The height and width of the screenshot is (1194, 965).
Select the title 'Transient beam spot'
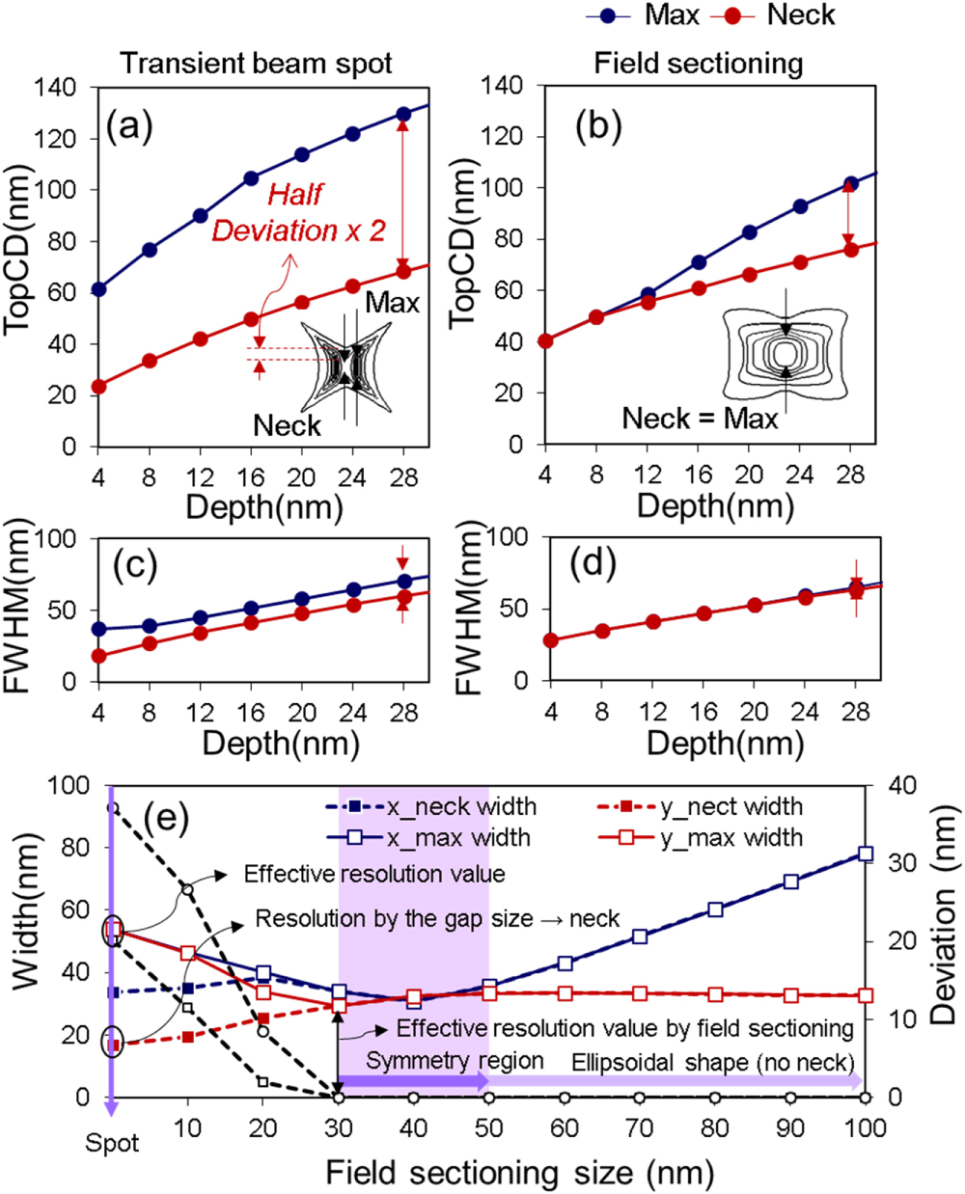click(x=256, y=64)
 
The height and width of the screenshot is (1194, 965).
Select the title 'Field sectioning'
click(x=698, y=64)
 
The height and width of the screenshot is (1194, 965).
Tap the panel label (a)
click(x=130, y=125)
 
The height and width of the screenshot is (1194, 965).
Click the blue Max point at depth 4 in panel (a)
click(x=98, y=289)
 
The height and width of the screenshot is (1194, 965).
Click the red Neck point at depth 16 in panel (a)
click(x=251, y=319)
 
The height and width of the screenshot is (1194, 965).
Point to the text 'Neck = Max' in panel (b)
click(x=700, y=419)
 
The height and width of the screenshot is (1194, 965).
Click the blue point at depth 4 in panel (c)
click(x=98, y=629)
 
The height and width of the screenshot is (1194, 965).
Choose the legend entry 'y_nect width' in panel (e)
click(x=731, y=806)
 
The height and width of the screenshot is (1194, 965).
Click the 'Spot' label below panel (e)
click(x=112, y=1144)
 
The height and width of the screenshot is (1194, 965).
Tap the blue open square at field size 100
click(x=866, y=854)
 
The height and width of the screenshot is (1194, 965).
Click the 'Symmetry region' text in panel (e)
click(x=454, y=1061)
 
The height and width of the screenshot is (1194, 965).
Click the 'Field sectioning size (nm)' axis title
click(x=519, y=1173)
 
